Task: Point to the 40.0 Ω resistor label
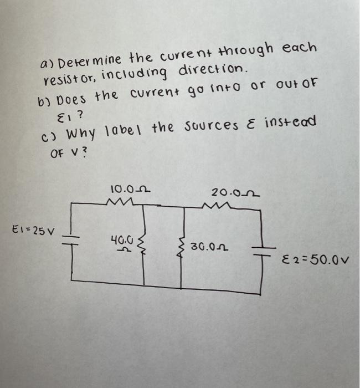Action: point(123,244)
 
